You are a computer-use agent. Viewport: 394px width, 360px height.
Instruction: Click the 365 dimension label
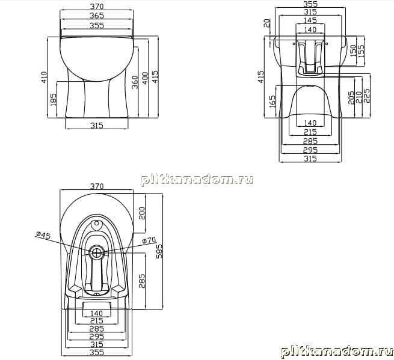(97, 16)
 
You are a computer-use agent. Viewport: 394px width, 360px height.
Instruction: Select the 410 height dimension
(44, 78)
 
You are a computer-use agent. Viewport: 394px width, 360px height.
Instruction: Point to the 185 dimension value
(54, 99)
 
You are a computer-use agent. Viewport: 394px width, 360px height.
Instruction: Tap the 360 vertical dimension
(135, 82)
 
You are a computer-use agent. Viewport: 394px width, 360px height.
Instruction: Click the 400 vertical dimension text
(145, 78)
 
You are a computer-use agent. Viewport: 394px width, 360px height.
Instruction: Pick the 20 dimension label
(267, 23)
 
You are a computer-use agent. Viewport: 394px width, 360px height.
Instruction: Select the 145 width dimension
(310, 20)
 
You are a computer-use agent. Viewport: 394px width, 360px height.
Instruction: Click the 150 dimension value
(353, 50)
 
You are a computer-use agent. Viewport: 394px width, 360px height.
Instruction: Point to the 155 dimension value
(361, 50)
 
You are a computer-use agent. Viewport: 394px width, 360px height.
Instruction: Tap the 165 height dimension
(272, 102)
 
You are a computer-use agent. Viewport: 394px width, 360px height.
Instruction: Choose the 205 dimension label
(351, 97)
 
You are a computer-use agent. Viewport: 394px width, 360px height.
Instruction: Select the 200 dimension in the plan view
(142, 213)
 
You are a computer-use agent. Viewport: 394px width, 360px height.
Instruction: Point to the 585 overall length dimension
(159, 251)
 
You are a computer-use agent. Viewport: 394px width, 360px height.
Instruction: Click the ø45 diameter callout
(43, 235)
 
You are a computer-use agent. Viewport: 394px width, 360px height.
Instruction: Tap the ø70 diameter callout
(149, 240)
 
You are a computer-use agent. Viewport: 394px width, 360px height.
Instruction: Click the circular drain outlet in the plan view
(96, 252)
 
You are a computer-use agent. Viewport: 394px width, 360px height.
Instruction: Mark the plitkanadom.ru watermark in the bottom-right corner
(337, 351)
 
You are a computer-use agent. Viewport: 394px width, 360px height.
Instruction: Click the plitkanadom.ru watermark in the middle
(197, 180)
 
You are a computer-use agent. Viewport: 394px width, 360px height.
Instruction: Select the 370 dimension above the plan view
(97, 186)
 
